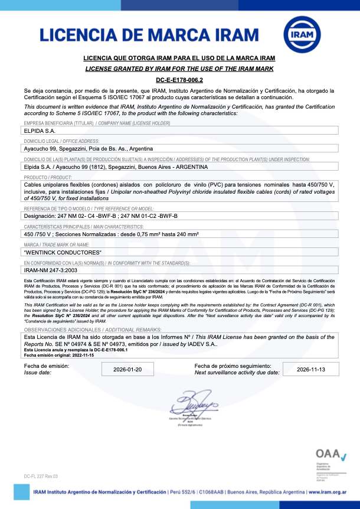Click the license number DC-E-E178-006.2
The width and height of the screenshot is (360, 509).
coord(179,79)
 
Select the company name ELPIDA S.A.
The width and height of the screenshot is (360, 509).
coord(37,130)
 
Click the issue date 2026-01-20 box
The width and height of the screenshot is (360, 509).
coord(128,369)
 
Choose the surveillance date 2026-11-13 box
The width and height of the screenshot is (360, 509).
coord(310,369)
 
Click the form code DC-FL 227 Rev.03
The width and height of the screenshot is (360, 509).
coord(41,476)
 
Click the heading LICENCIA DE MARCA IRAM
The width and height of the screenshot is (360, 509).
coord(150,35)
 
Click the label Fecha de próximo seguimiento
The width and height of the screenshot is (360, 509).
coord(233,366)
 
